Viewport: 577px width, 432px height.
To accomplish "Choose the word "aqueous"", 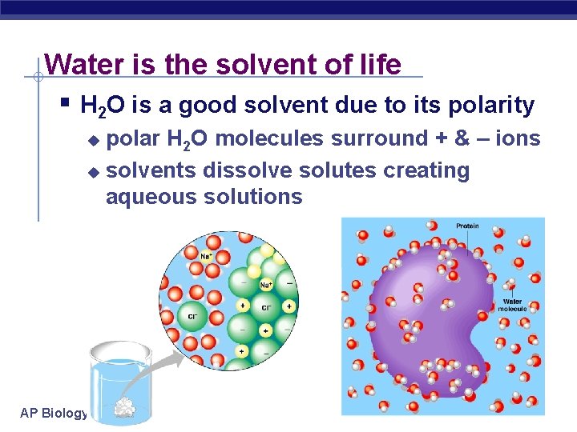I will (149, 197).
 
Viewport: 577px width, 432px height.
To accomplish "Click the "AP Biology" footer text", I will (54, 412).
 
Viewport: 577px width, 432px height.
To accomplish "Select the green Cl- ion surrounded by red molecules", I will (193, 315).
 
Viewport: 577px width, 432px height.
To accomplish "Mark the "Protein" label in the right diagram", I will (467, 226).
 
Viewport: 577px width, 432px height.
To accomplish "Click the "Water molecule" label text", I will (511, 305).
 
